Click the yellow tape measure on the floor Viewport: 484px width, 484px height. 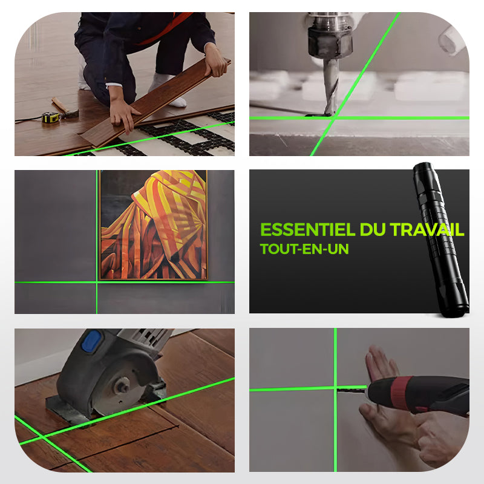pyautogui.click(x=51, y=117)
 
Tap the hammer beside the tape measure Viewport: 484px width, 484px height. pyautogui.click(x=65, y=108)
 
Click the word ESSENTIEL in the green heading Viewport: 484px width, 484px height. pyautogui.click(x=308, y=230)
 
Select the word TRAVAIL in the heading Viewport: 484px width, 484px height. pyautogui.click(x=427, y=230)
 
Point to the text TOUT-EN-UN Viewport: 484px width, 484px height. pyautogui.click(x=304, y=249)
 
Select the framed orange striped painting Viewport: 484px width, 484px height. pyautogui.click(x=154, y=225)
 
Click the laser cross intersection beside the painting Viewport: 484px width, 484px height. pyautogui.click(x=97, y=282)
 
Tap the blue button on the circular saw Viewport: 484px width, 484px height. pyautogui.click(x=91, y=342)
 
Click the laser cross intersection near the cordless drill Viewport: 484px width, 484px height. pyautogui.click(x=336, y=388)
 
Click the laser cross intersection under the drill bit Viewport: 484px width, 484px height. pyautogui.click(x=333, y=117)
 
